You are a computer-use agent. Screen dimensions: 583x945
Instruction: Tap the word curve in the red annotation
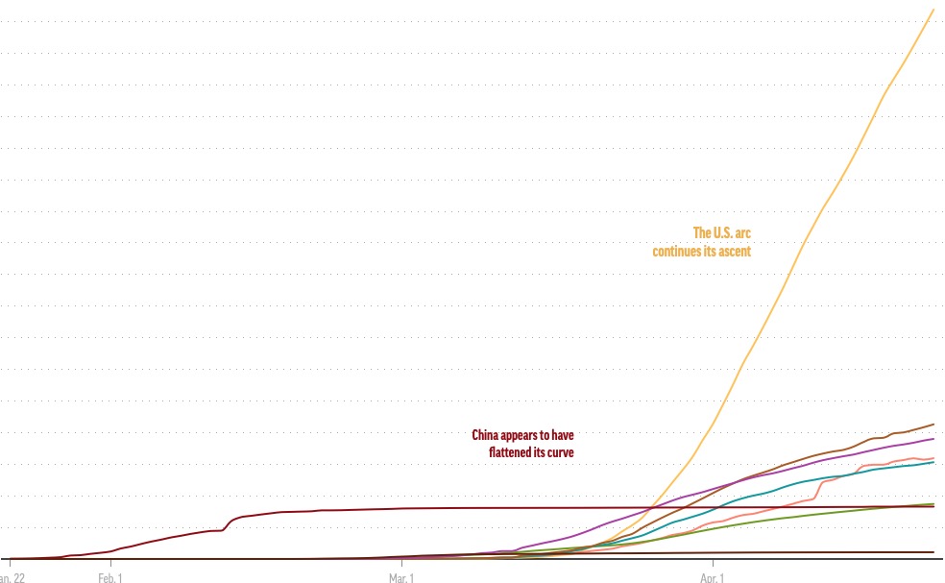click(x=561, y=451)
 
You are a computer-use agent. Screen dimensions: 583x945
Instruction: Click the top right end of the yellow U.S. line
click(x=933, y=10)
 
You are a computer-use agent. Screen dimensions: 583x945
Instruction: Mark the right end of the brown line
click(x=933, y=425)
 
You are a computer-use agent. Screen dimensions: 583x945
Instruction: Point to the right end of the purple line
click(x=933, y=439)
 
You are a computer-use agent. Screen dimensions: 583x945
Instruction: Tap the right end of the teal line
click(x=933, y=462)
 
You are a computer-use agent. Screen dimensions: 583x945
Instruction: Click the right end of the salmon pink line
click(x=933, y=458)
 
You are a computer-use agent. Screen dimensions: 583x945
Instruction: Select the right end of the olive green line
click(x=933, y=504)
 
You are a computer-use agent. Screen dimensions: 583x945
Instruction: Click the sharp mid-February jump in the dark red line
click(x=228, y=523)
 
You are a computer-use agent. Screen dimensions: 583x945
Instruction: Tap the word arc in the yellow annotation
click(x=743, y=232)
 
